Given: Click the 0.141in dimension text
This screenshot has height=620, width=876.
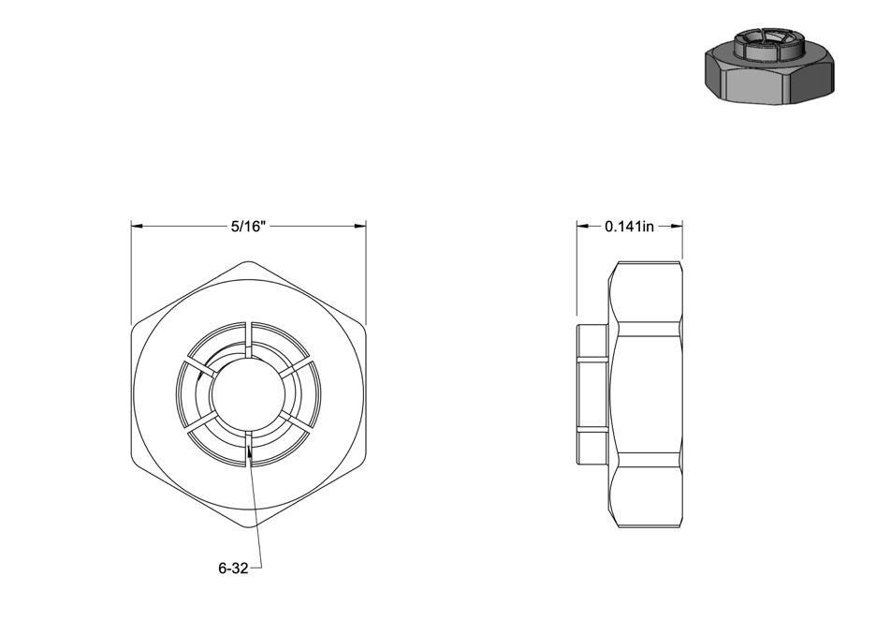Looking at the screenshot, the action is click(x=629, y=227).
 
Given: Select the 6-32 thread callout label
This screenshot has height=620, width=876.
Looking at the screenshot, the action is click(x=233, y=568).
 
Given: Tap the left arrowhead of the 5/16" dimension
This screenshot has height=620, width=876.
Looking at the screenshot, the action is click(x=138, y=227).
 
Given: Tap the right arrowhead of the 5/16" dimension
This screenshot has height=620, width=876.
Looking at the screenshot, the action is click(x=360, y=227).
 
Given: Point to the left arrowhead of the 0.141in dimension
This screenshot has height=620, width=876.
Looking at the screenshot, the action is click(x=583, y=227).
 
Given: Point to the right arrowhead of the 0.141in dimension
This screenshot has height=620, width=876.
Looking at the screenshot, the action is click(x=676, y=227).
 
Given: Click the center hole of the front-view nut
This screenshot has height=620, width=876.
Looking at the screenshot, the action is click(x=249, y=394).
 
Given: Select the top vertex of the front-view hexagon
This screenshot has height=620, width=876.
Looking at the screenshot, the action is click(x=249, y=261).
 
